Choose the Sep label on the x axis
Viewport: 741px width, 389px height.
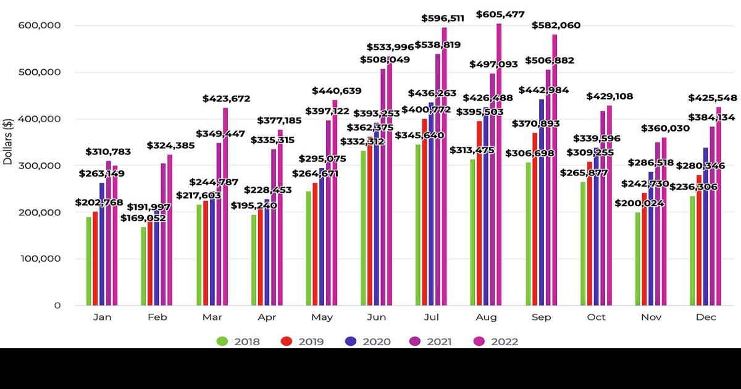coord(541,317)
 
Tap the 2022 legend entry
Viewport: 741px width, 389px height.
coord(497,341)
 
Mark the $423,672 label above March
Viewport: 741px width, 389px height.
coord(228,98)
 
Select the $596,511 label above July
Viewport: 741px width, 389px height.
coord(443,18)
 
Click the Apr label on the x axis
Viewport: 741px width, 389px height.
coord(267,317)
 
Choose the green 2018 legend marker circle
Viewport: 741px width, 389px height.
coord(222,341)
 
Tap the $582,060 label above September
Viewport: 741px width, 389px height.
coord(556,25)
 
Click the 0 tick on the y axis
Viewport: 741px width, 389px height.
coord(57,305)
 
